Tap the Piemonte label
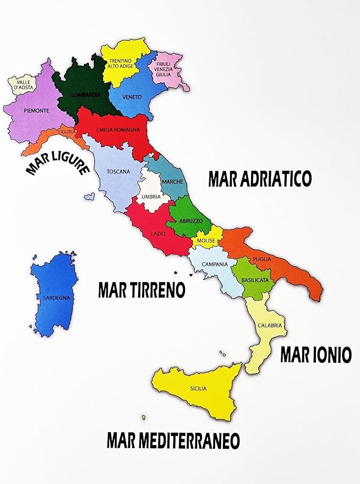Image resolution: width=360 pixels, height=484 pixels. [x=37, y=111]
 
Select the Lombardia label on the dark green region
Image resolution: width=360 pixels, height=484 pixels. [x=86, y=95]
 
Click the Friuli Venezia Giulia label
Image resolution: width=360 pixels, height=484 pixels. [x=163, y=69]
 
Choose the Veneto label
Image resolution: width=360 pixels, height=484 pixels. [x=133, y=97]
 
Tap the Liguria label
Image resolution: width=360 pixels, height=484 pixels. [x=67, y=132]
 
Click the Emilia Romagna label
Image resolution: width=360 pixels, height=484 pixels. [x=116, y=130]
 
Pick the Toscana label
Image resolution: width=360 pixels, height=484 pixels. [x=118, y=171]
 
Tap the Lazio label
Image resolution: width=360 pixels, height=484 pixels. [x=159, y=234]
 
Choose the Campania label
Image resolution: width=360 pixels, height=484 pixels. [x=215, y=264]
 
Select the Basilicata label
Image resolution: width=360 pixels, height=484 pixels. [x=255, y=280]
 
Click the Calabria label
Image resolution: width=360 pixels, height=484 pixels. [x=270, y=325]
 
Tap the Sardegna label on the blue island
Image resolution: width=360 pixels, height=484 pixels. [x=53, y=298]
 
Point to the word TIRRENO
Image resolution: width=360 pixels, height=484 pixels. [x=157, y=290]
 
